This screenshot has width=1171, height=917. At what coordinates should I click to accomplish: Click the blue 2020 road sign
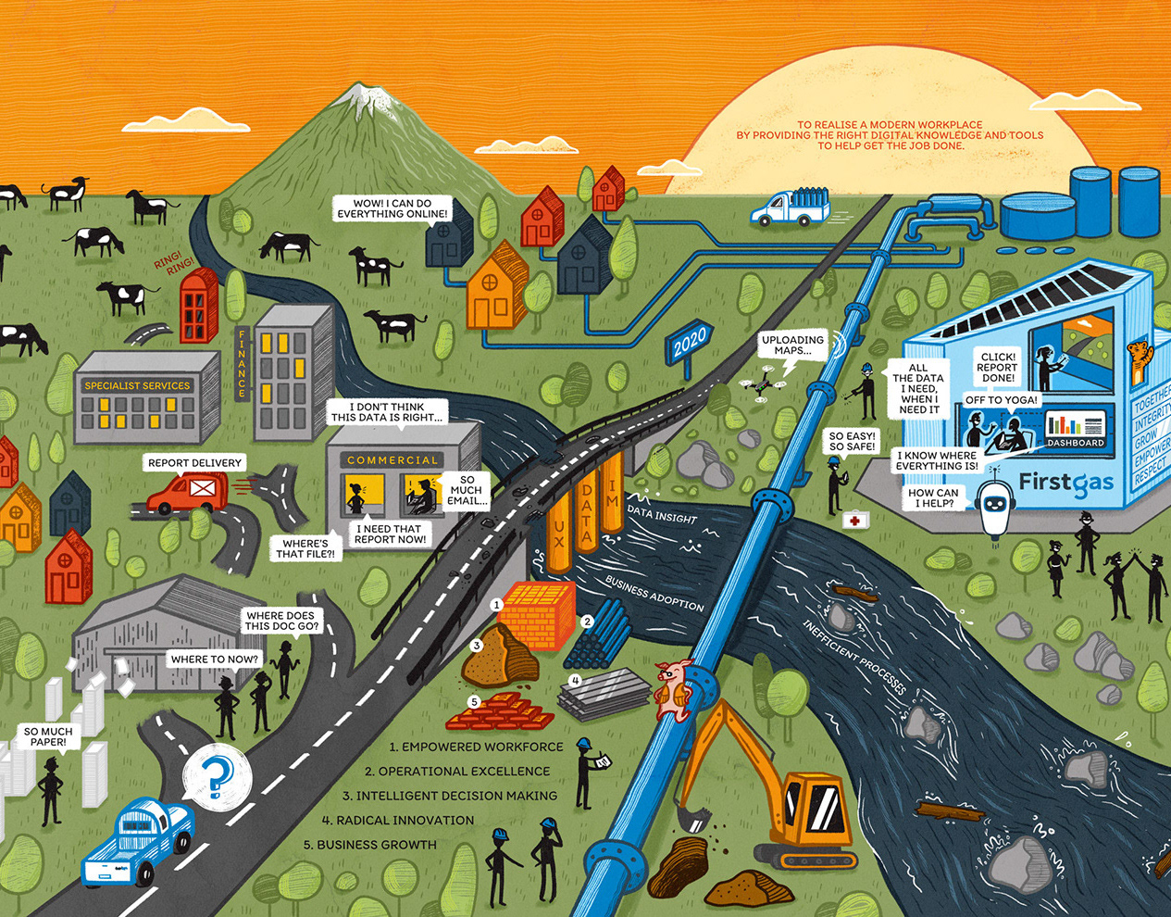coord(690,343)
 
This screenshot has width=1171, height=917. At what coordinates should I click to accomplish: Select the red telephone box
coord(198,305)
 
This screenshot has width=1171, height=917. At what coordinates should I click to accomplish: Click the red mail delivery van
coord(188,492)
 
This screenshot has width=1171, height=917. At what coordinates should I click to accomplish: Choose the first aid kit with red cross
coord(855,521)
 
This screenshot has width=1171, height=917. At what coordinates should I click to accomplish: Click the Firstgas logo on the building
coord(1065,483)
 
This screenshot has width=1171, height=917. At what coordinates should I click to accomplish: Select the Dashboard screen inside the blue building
coord(1076,428)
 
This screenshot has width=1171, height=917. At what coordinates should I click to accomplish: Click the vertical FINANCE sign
coord(243,363)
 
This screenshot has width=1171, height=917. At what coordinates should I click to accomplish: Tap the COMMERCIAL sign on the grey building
coord(392,459)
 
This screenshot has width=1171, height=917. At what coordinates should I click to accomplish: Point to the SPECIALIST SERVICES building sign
coord(137,385)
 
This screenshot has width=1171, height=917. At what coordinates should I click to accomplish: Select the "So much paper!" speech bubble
coord(48,736)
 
